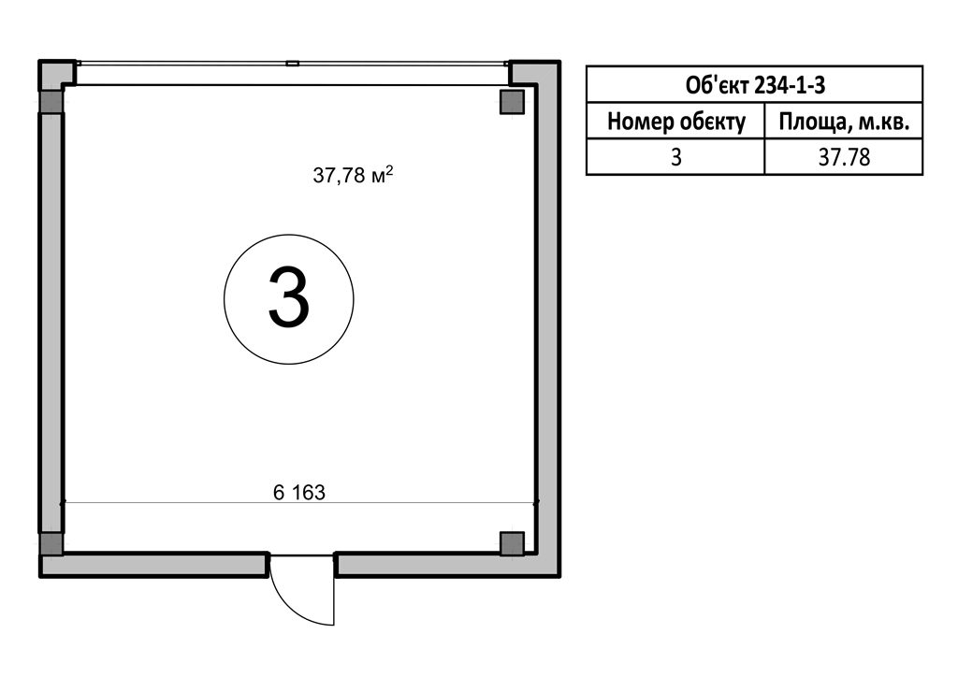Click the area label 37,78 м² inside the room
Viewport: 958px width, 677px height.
[x=353, y=175]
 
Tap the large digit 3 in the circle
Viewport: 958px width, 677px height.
[x=289, y=298]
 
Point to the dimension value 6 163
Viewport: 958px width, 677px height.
[x=299, y=492]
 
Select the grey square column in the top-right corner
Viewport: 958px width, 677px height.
[x=512, y=101]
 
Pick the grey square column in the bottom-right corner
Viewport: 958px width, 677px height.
[x=512, y=543]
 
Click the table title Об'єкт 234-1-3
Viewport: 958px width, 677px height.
[x=755, y=85]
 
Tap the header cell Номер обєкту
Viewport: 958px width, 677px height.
[x=675, y=122]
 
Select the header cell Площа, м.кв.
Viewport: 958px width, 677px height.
[x=844, y=122]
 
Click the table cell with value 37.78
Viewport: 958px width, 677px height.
[x=844, y=157]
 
